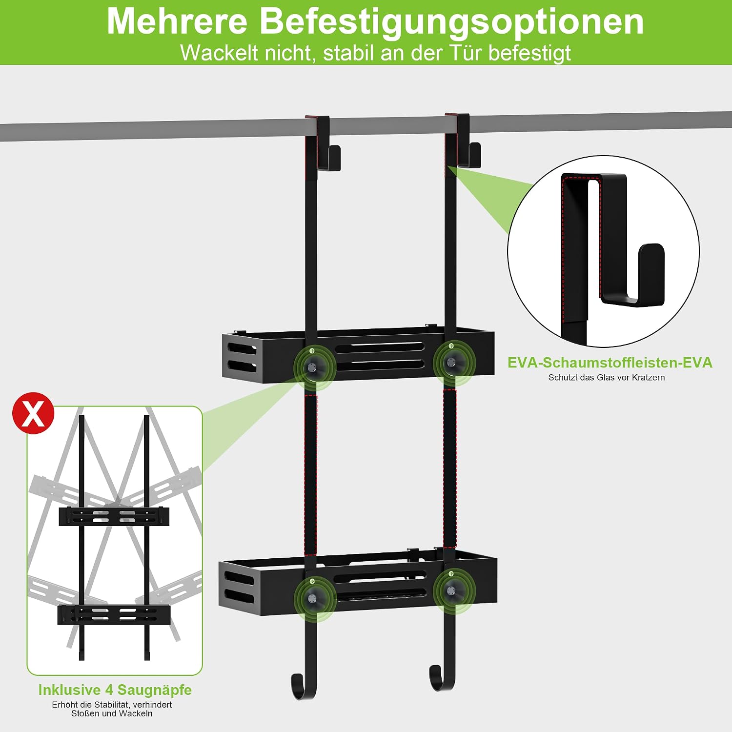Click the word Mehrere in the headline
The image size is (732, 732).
tap(177, 21)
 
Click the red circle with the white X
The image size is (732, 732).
tap(33, 413)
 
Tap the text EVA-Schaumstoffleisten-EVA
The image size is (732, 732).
tap(610, 363)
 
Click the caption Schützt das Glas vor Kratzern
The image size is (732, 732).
tap(607, 377)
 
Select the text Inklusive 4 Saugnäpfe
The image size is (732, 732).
tap(115, 690)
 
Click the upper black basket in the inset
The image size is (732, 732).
tap(114, 516)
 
